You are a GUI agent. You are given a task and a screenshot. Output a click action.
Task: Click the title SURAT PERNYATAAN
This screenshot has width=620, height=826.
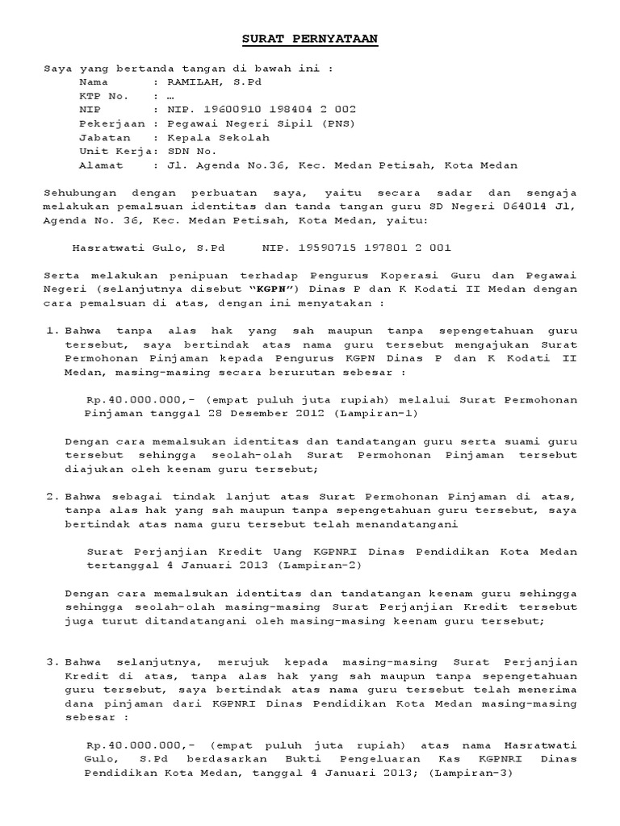coord(310,40)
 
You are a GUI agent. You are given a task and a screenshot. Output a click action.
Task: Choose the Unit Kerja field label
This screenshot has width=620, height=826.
coord(112,151)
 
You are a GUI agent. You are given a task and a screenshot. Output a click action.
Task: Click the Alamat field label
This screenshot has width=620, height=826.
coord(101,165)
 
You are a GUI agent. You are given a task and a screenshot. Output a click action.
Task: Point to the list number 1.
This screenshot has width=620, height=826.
coord(51,331)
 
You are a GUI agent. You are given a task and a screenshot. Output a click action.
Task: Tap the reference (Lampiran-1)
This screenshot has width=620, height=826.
coord(375,413)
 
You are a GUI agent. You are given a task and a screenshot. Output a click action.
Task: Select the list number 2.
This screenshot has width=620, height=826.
coord(51,495)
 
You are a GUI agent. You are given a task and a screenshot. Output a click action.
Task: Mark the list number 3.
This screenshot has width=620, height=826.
coord(51,662)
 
